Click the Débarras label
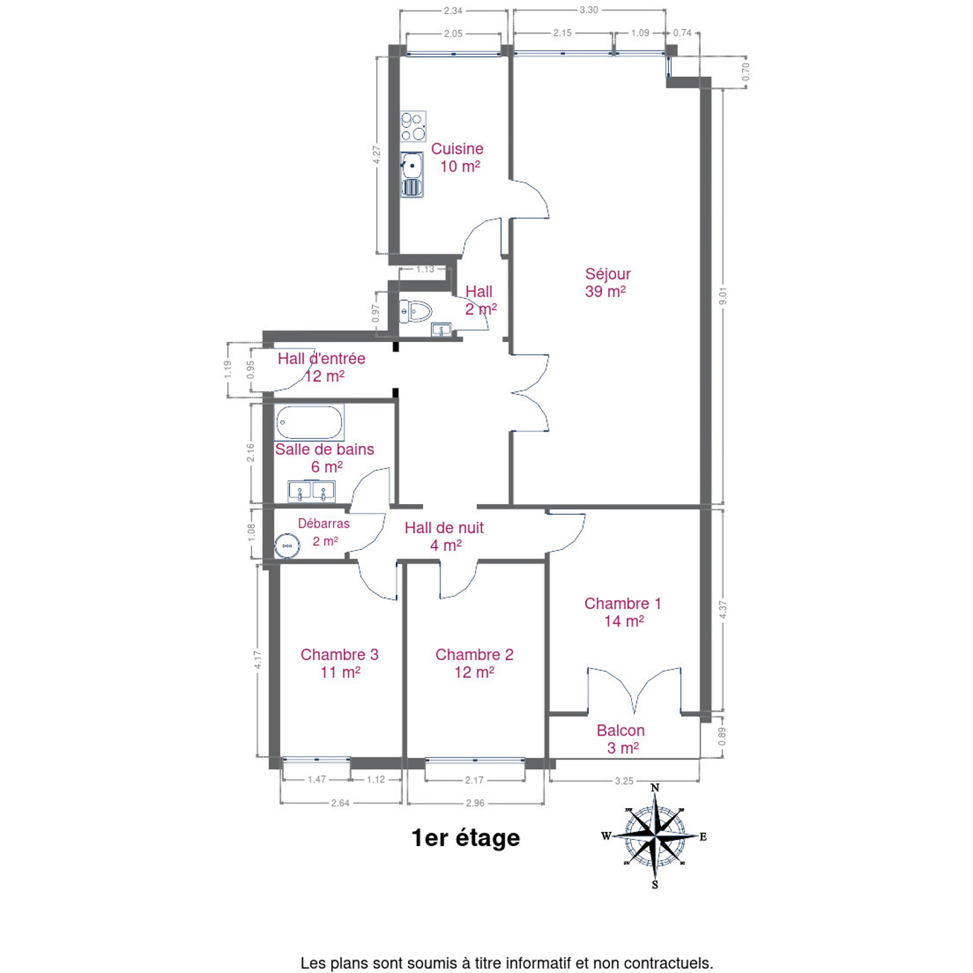pos(324,523)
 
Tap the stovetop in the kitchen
pos(413,126)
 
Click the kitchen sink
pos(412,174)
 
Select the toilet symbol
pos(415,311)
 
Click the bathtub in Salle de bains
pos(309,422)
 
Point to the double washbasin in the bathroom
pos(311,491)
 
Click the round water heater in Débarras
pos(287,546)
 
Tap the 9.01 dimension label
pos(722,296)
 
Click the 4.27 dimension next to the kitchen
pos(376,155)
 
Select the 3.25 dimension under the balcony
pos(624,780)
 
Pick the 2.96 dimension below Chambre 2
pos(475,803)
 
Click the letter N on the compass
pos(655,788)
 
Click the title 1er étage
pos(466,838)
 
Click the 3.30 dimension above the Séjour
pos(589,10)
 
